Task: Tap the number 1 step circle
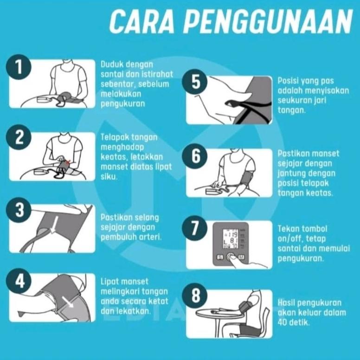18,67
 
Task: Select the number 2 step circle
18,138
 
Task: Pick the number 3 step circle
18,210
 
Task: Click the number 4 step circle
18,280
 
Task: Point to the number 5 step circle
195,83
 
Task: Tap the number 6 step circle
195,156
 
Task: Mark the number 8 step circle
195,296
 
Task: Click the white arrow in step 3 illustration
55,225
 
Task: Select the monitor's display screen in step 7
231,239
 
